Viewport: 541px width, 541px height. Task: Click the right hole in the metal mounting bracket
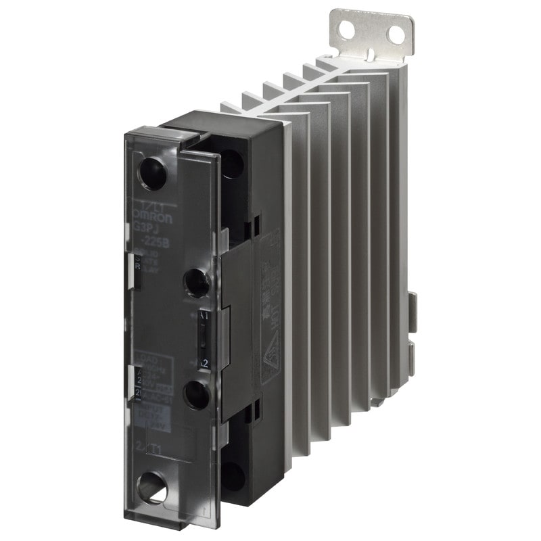(395, 34)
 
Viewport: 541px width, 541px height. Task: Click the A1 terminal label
(205, 315)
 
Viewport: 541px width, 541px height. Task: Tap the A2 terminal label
(202, 363)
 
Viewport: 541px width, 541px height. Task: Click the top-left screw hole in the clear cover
(152, 174)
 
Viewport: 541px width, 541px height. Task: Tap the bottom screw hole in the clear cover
(154, 487)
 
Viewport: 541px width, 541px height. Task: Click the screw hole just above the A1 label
(197, 282)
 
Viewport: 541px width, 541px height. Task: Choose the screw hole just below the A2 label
(197, 394)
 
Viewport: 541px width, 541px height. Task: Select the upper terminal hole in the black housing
(231, 164)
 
